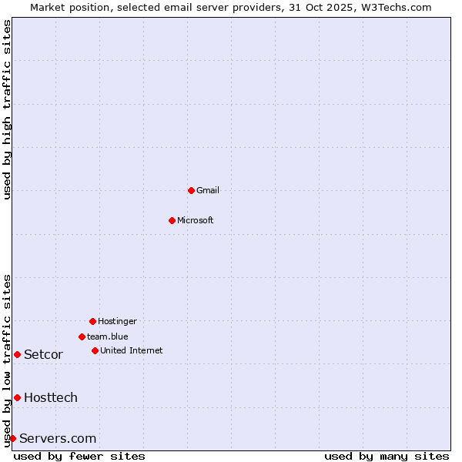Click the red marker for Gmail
click(191, 190)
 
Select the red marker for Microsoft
click(172, 220)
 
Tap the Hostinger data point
click(92, 321)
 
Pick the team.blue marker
click(82, 336)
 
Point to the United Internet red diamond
click(95, 350)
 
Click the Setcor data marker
click(17, 354)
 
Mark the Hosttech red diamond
click(17, 397)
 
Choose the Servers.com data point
click(12, 438)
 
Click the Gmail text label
click(208, 190)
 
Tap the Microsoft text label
click(196, 220)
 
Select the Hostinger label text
click(117, 321)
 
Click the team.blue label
click(108, 336)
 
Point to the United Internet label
click(132, 350)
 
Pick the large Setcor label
click(43, 354)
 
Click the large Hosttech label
click(51, 397)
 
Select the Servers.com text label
click(58, 438)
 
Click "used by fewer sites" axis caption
click(79, 456)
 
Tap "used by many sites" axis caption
click(387, 456)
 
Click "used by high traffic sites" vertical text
click(7, 109)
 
